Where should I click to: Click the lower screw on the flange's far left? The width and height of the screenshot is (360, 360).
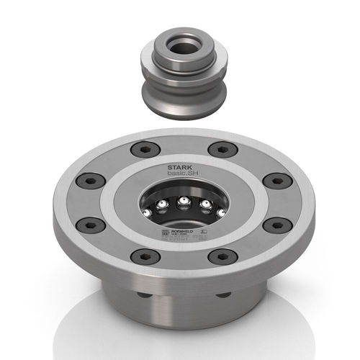click(x=89, y=224)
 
